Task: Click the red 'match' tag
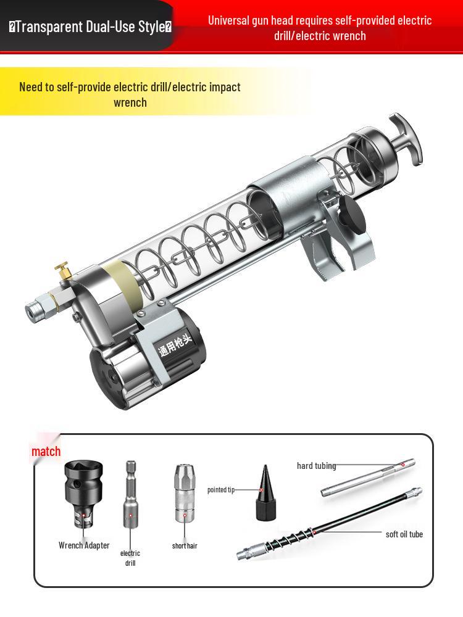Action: pos(46,451)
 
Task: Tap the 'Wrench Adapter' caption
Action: pos(84,545)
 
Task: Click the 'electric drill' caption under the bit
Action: pos(130,558)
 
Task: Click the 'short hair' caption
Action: pos(185,546)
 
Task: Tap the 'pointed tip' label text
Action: pos(221,490)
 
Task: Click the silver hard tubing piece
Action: pos(368,478)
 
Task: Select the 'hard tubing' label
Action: pos(316,466)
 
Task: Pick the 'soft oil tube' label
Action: pos(404,534)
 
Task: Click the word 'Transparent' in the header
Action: pos(49,27)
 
